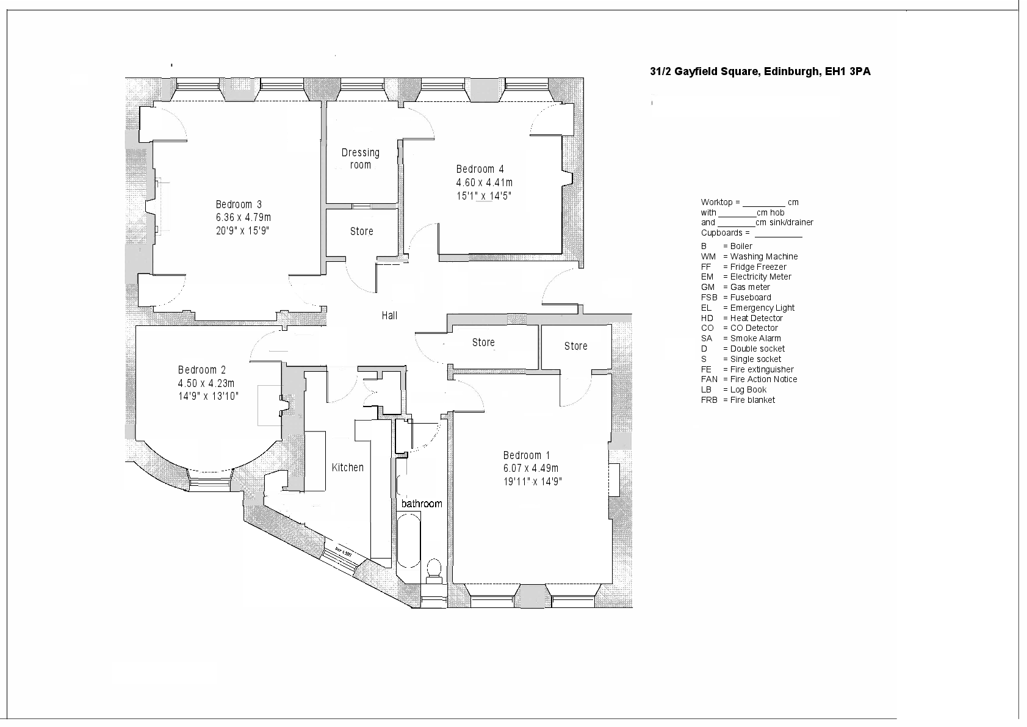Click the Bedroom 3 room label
[x=239, y=204]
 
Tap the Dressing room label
[x=360, y=159]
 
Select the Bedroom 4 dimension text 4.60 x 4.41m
[x=484, y=183]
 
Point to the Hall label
[x=389, y=316]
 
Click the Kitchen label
[x=347, y=468]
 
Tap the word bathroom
[x=421, y=504]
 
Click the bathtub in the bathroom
[x=408, y=543]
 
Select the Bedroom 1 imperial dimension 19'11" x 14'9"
[x=532, y=482]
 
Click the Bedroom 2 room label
[x=202, y=370]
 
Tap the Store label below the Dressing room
[x=361, y=231]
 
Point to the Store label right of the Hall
[x=483, y=342]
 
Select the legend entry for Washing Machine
[x=749, y=256]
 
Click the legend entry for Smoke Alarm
[x=741, y=338]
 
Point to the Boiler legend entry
[x=727, y=246]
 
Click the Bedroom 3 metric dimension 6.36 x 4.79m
[x=243, y=218]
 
